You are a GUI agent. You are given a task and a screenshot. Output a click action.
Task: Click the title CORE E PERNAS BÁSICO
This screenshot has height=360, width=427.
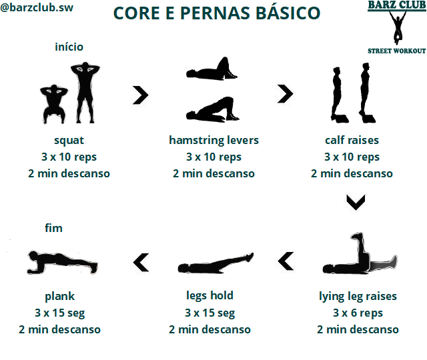pyautogui.click(x=216, y=13)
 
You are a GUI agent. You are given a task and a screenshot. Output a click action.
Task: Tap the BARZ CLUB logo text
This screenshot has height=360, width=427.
pyautogui.click(x=396, y=7)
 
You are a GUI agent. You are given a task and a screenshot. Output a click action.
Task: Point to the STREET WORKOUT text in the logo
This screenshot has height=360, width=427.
pyautogui.click(x=396, y=51)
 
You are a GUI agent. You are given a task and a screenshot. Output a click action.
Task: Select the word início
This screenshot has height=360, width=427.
pyautogui.click(x=69, y=47)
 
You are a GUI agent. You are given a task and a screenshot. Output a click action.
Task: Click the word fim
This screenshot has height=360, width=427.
pyautogui.click(x=53, y=228)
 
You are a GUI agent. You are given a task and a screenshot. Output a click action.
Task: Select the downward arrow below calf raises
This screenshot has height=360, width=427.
pyautogui.click(x=356, y=202)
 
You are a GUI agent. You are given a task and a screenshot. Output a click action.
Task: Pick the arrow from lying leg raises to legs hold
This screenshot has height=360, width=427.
pyautogui.click(x=286, y=261)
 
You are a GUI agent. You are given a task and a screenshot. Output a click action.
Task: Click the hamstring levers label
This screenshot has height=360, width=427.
pyautogui.click(x=213, y=141)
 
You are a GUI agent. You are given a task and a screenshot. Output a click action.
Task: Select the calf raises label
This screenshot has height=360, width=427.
pyautogui.click(x=352, y=141)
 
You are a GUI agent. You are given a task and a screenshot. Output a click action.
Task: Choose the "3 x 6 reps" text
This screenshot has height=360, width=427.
pyautogui.click(x=358, y=313)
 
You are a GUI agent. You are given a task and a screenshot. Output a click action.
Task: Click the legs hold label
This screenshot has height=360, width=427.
pyautogui.click(x=209, y=295)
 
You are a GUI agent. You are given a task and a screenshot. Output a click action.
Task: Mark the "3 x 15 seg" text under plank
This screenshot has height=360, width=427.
pyautogui.click(x=60, y=313)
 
